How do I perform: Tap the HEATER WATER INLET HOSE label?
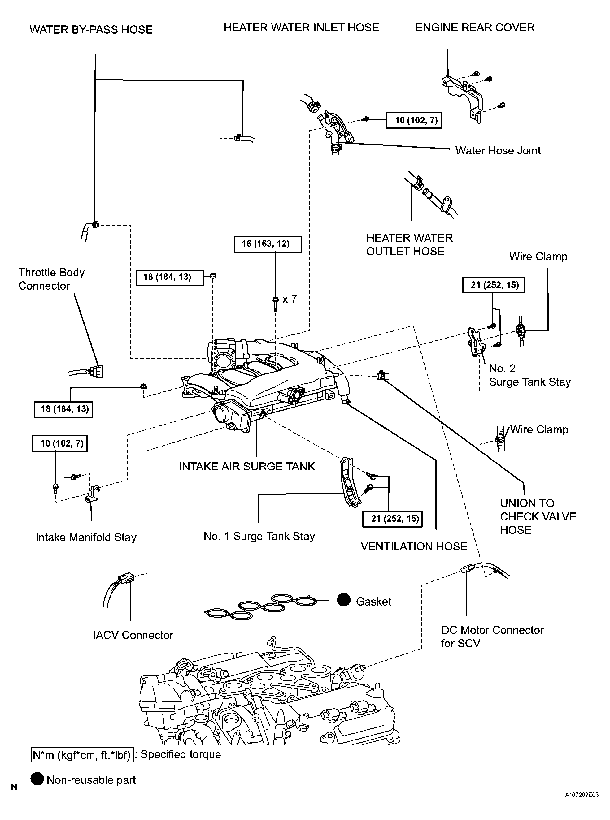[x=301, y=28]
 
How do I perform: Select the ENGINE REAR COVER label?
[x=475, y=28]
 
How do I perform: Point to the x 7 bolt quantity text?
[x=290, y=299]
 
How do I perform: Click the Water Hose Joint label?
[x=498, y=151]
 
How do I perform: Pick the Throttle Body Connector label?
[x=51, y=279]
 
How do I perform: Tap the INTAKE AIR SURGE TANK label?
[x=247, y=466]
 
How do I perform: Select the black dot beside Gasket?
[x=344, y=600]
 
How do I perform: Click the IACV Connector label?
[x=133, y=635]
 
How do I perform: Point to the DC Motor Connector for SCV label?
[x=492, y=637]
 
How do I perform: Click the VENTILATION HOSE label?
[x=414, y=546]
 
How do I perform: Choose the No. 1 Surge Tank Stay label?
[x=259, y=536]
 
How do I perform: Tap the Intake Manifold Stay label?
[x=86, y=537]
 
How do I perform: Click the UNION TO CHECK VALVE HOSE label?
[x=538, y=517]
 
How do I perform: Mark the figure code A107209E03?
[x=582, y=805]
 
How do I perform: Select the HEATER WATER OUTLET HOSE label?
[x=409, y=245]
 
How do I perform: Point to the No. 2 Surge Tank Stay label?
[x=529, y=375]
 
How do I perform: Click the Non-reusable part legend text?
[x=91, y=780]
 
